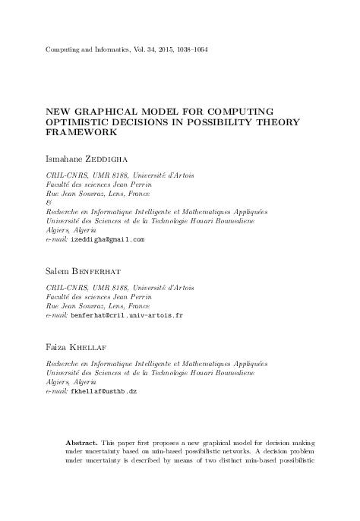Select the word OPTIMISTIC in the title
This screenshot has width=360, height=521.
(81, 122)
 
